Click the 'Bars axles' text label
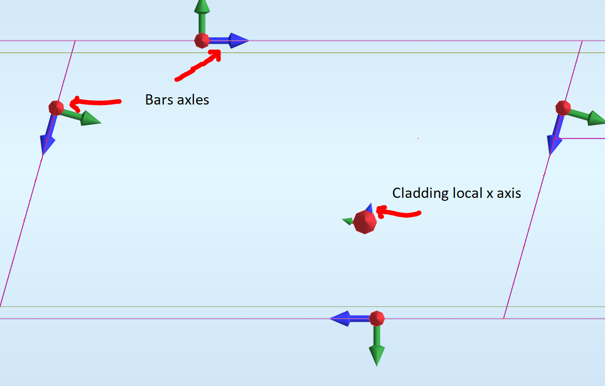(x=177, y=100)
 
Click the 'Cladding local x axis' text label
(x=456, y=193)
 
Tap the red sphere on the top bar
(x=202, y=40)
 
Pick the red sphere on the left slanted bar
(x=56, y=107)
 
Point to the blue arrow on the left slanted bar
(x=48, y=138)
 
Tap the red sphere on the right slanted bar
(x=563, y=107)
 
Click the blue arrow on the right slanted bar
(x=554, y=139)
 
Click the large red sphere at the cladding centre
(x=365, y=222)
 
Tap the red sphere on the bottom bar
(x=377, y=318)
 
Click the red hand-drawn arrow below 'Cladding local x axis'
(x=398, y=213)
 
